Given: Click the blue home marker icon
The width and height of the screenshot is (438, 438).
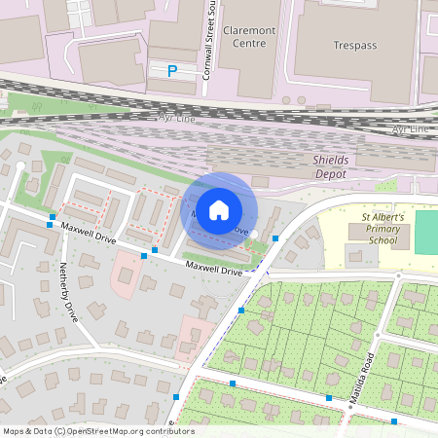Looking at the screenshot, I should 219,209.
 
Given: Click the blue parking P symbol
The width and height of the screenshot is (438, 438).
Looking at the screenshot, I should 172,70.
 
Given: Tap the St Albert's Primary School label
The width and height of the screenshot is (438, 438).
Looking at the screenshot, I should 379,229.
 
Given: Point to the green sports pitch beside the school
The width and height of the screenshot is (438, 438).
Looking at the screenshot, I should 426,233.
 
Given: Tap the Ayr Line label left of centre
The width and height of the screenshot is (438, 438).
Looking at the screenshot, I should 177,117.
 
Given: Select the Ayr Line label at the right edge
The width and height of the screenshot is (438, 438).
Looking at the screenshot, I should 413,128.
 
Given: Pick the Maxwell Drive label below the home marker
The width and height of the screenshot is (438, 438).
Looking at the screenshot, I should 214,267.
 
